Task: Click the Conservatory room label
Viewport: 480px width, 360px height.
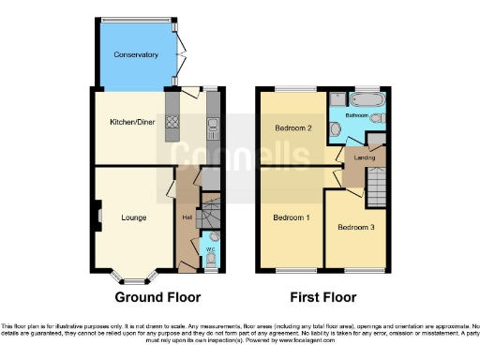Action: point(136,55)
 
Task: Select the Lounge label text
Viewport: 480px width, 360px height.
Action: point(133,217)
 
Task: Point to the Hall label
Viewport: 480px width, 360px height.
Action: point(187,217)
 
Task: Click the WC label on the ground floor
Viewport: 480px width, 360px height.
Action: point(210,249)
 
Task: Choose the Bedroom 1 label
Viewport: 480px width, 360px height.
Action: point(292,217)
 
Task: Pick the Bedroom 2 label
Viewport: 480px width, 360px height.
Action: point(292,128)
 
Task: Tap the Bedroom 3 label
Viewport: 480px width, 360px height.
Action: point(356,227)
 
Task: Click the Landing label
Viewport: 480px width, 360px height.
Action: point(365,157)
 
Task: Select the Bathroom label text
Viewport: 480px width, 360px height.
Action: point(356,115)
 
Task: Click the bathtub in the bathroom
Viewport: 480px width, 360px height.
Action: point(364,100)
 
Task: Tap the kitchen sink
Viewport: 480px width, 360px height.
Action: point(214,122)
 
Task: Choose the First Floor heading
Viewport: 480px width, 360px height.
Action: point(322,298)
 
